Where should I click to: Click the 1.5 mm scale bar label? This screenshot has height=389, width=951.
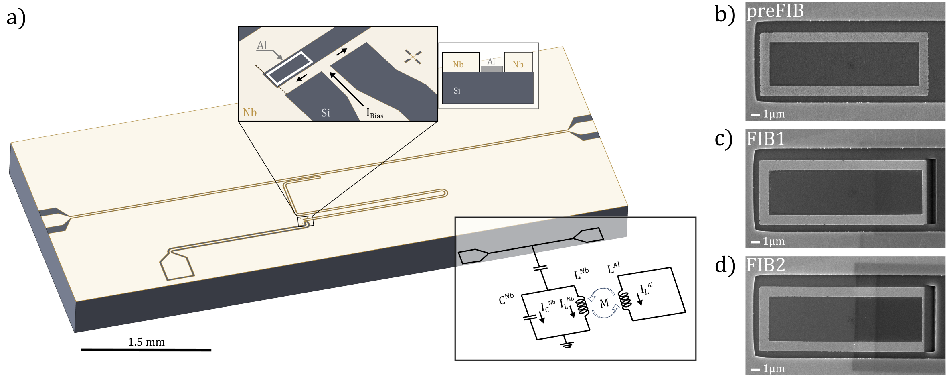click(x=146, y=342)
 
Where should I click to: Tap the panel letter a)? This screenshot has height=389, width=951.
click(x=16, y=18)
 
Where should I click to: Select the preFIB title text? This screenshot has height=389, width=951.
click(x=775, y=11)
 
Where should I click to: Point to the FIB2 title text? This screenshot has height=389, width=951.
click(x=766, y=265)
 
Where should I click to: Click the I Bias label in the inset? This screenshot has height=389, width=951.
click(x=375, y=114)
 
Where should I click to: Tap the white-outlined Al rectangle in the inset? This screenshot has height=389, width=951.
click(x=289, y=68)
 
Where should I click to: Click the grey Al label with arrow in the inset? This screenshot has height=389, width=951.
click(x=262, y=45)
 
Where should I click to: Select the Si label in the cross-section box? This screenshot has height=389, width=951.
click(x=457, y=91)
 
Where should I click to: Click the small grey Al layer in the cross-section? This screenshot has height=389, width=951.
click(x=492, y=69)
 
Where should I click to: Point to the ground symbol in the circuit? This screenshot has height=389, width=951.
click(x=567, y=342)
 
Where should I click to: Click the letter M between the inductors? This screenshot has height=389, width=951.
click(x=604, y=303)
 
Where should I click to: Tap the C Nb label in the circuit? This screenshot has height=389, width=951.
click(x=506, y=299)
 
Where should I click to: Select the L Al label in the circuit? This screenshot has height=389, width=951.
click(x=613, y=268)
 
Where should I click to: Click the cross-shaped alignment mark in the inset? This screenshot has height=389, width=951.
click(x=413, y=57)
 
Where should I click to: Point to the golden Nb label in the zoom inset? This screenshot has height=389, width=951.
click(x=250, y=112)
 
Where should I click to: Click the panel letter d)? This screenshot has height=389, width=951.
click(x=725, y=266)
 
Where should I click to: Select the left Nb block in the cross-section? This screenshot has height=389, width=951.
click(x=461, y=62)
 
